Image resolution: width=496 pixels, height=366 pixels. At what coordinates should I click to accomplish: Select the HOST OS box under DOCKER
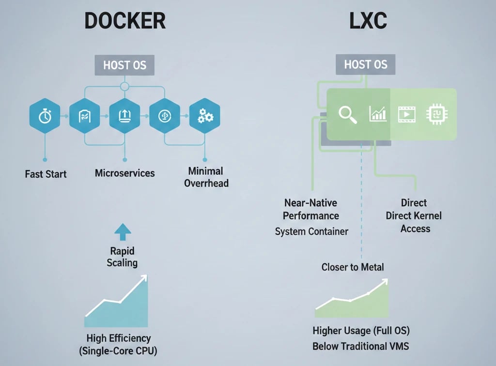(124, 65)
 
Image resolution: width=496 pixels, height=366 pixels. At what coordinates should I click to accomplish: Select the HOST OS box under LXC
(366, 64)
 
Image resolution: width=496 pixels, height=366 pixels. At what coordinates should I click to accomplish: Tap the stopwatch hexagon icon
(45, 116)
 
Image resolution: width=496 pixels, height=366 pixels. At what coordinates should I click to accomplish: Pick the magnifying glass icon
(348, 114)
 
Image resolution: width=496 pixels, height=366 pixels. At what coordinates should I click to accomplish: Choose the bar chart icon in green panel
(378, 114)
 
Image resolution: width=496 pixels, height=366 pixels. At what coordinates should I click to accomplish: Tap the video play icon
(407, 114)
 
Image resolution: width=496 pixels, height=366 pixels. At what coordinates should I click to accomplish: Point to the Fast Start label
(46, 173)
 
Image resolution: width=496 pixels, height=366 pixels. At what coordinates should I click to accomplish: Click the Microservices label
(125, 173)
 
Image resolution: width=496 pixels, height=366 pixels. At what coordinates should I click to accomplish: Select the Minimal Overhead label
(206, 177)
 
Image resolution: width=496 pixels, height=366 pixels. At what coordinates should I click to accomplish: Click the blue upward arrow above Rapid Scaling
(122, 232)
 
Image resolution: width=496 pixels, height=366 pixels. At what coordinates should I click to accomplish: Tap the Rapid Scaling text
(122, 257)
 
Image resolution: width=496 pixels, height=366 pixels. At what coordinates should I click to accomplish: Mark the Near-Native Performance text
(310, 209)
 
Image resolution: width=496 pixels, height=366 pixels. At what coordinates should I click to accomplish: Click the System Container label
(311, 231)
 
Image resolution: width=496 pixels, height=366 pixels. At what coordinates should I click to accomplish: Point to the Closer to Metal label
(353, 267)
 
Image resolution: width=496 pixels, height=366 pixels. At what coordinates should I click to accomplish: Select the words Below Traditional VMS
(361, 347)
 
